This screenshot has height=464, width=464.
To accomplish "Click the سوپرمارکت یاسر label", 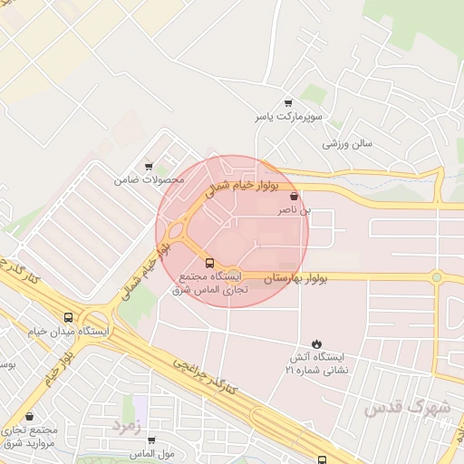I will click(288, 119).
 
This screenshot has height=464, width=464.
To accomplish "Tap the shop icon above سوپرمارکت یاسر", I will click(288, 102).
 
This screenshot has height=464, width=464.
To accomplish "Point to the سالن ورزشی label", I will click(349, 143).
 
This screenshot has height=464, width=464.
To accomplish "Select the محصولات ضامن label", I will click(149, 179).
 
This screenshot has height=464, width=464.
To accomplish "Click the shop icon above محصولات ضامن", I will click(149, 165).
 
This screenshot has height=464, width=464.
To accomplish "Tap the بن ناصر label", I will click(293, 210).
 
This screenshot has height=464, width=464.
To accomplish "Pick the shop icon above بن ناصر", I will click(293, 195).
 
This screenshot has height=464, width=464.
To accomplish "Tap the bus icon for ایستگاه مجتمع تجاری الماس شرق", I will click(211, 263).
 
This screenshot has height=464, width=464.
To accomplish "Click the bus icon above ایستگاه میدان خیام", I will click(69, 317).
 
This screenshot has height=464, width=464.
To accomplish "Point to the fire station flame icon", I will click(316, 343).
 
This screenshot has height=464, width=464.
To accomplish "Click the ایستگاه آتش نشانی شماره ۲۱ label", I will click(316, 364).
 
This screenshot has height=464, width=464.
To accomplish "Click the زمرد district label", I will click(127, 424).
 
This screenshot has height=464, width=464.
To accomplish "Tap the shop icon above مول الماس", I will click(151, 440).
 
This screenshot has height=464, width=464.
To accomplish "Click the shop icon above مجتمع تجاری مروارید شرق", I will click(32, 418).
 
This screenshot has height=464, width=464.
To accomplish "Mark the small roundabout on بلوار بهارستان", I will click(436, 276).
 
